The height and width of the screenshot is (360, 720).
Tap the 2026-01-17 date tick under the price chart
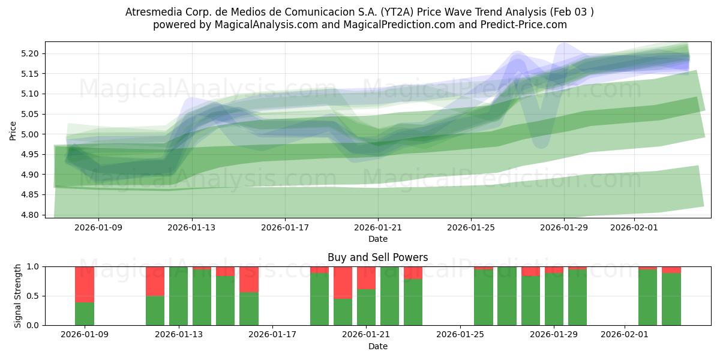pyautogui.click(x=285, y=228)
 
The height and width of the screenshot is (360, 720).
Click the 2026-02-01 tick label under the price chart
pyautogui.click(x=634, y=228)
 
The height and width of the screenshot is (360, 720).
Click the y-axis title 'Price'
pyautogui.click(x=13, y=130)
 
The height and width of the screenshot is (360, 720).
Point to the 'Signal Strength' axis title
pyautogui.click(x=17, y=296)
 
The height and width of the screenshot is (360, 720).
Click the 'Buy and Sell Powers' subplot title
pyautogui.click(x=377, y=257)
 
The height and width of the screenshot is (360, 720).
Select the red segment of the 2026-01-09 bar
pyautogui.click(x=85, y=284)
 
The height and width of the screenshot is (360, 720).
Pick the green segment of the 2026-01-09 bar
pyautogui.click(x=85, y=314)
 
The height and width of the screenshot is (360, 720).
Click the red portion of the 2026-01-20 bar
pyautogui.click(x=343, y=283)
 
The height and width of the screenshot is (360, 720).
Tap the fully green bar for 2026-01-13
pyautogui.click(x=178, y=296)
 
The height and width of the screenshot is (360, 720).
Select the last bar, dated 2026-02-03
pyautogui.click(x=671, y=299)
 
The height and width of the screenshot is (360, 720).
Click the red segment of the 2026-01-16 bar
pyautogui.click(x=248, y=279)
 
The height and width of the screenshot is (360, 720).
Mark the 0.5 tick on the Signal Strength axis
pyautogui.click(x=34, y=296)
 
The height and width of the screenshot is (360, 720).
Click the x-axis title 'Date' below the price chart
pyautogui.click(x=377, y=239)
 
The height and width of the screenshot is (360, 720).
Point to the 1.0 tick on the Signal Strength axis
pyautogui.click(x=34, y=266)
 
